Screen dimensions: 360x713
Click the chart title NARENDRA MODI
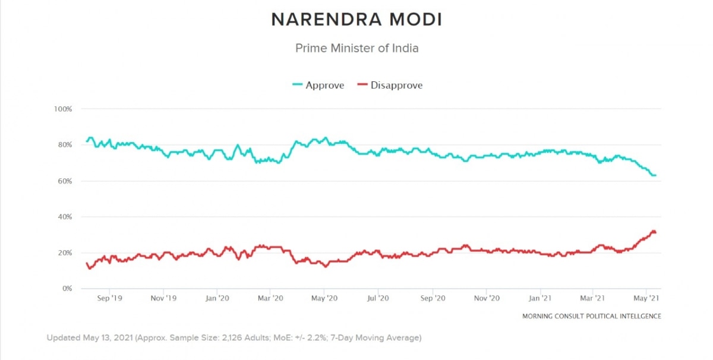(x=356, y=20)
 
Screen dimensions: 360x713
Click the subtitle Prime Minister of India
(x=356, y=48)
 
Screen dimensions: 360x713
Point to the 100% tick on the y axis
(x=62, y=109)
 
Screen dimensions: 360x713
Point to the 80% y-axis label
(x=64, y=145)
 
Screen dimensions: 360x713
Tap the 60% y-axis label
(x=64, y=181)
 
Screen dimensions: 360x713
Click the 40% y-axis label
(x=64, y=217)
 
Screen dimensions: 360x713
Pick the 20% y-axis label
(x=64, y=253)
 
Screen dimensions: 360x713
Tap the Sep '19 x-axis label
(x=109, y=299)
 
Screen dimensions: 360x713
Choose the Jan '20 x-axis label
(x=217, y=299)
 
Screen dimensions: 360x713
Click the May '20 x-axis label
(x=325, y=299)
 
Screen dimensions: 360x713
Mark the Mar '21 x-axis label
(x=593, y=299)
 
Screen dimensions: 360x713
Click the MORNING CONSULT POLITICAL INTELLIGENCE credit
(x=591, y=316)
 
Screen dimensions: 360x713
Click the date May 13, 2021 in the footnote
(x=111, y=337)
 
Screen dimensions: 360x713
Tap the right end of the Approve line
(x=655, y=175)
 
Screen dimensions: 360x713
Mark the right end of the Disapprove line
(x=655, y=232)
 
